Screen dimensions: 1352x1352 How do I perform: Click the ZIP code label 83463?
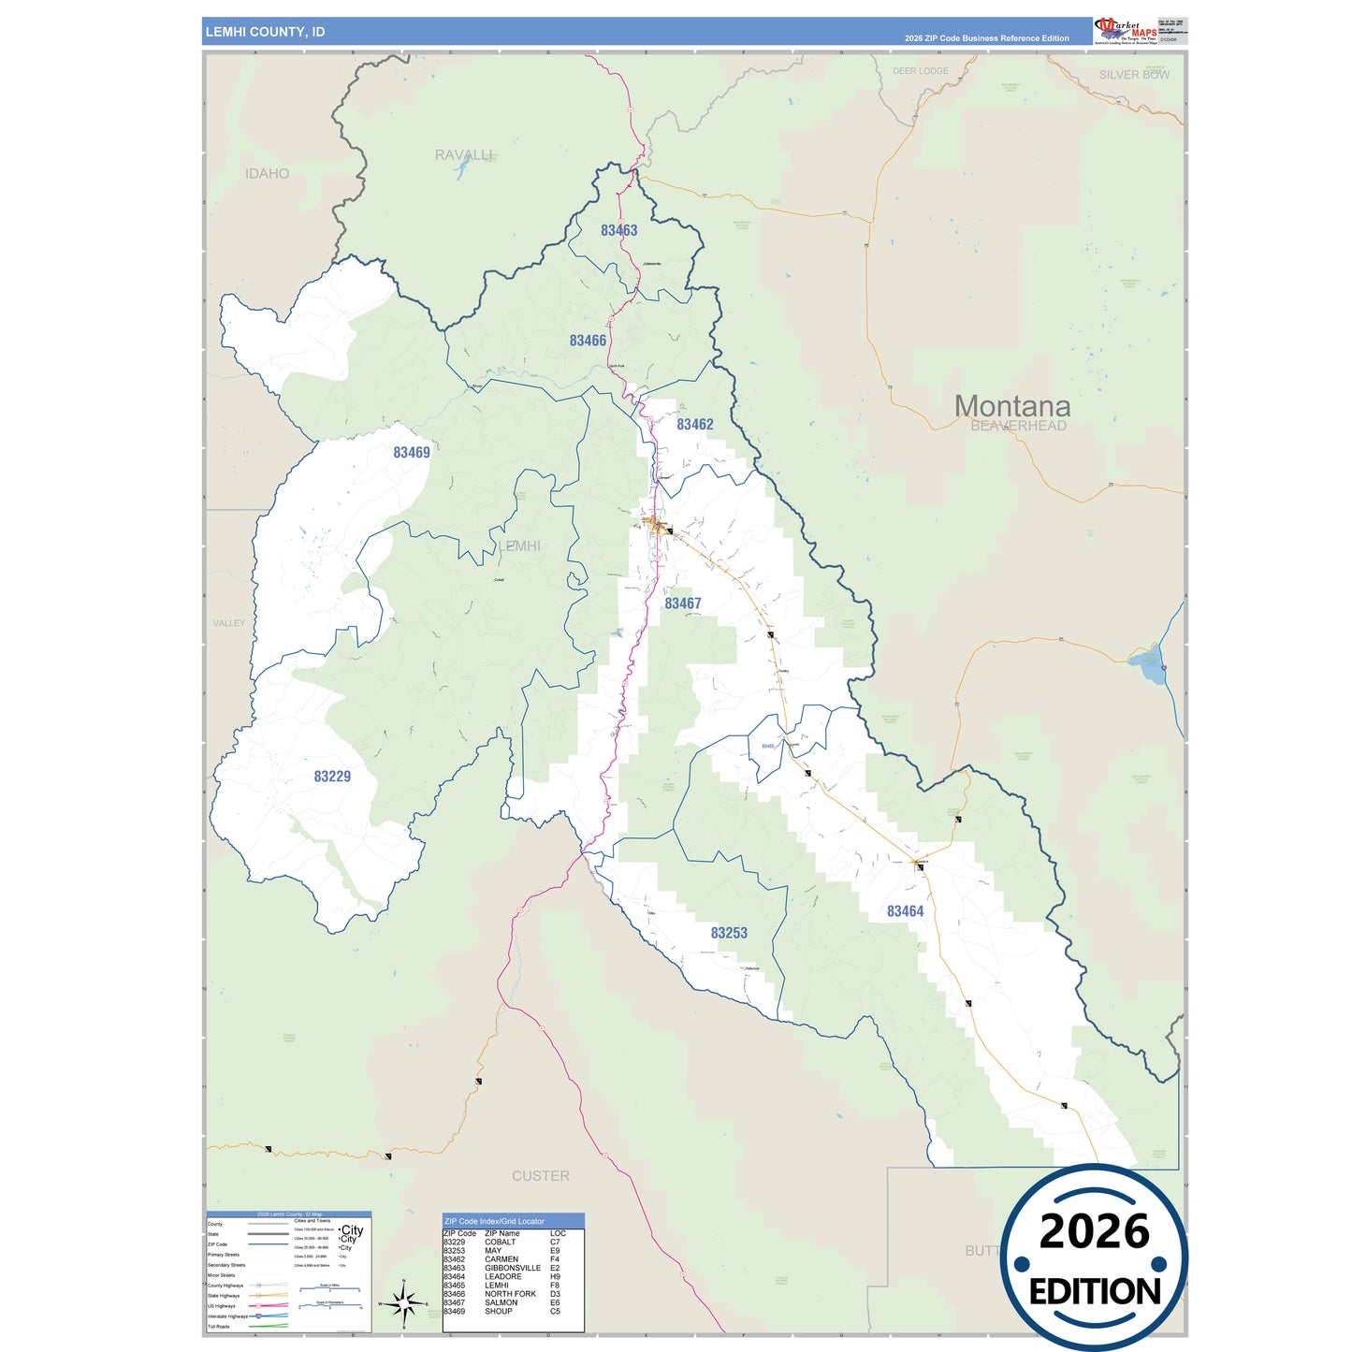click(x=618, y=230)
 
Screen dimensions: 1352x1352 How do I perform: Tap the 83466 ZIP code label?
click(x=588, y=341)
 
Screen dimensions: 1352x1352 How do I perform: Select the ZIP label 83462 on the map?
click(x=694, y=425)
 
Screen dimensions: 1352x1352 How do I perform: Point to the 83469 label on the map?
click(x=411, y=453)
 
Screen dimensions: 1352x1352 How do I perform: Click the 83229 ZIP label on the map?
click(x=332, y=777)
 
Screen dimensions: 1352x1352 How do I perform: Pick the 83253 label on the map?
click(x=729, y=933)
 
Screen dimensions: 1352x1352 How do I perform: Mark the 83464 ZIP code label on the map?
click(x=905, y=911)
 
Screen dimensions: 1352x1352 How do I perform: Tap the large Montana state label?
click(x=1012, y=406)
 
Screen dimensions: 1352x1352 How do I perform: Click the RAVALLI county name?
click(x=463, y=154)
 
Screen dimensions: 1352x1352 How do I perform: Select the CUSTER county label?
click(x=540, y=1176)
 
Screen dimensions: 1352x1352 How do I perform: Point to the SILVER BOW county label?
click(x=1134, y=75)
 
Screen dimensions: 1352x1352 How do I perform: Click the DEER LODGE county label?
click(x=920, y=71)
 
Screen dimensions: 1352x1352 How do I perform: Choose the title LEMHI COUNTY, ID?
click(x=265, y=32)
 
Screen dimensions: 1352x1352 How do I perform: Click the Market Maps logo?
click(x=1126, y=31)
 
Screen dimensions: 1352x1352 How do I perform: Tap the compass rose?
click(x=403, y=1303)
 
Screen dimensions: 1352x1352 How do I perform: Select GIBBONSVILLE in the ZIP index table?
click(x=513, y=1268)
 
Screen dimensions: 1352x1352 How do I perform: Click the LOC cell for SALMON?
click(x=555, y=1302)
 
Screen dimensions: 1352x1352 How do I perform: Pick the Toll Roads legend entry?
click(x=219, y=1326)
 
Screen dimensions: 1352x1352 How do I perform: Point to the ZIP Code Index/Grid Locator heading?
click(x=494, y=1221)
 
